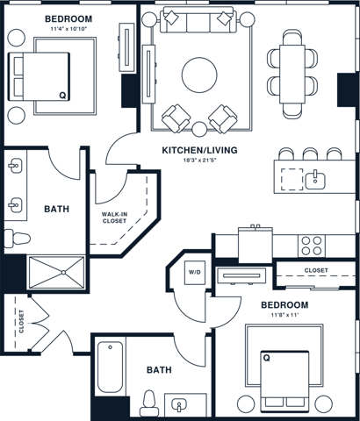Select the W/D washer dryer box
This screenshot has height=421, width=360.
(193, 273)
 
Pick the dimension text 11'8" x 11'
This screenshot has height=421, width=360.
(284, 316)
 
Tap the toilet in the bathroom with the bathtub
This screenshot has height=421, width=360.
(148, 403)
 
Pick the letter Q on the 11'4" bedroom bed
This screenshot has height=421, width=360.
(61, 95)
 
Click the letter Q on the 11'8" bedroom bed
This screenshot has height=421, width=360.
(265, 357)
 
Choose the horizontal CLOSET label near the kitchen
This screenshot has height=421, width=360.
(315, 271)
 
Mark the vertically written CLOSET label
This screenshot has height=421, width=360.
(20, 323)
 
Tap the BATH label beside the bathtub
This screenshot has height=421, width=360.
(158, 370)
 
